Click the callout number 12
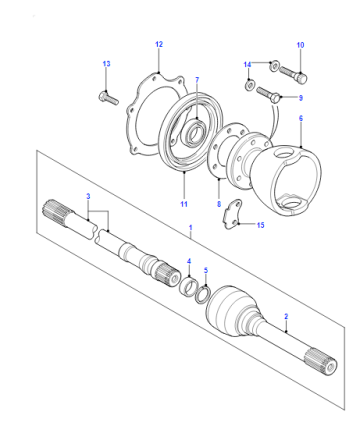(x=159, y=44)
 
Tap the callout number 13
(x=106, y=64)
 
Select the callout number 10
(x=300, y=45)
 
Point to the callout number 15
(x=260, y=225)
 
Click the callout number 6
(x=301, y=118)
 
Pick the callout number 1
(x=191, y=228)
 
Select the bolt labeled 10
(x=293, y=75)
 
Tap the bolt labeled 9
(x=269, y=93)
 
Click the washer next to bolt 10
(x=274, y=66)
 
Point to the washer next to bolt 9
(x=249, y=85)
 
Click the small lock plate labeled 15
(x=233, y=215)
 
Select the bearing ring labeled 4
(x=188, y=286)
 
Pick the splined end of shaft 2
(x=321, y=363)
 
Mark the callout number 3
(x=88, y=196)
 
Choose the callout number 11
(x=184, y=204)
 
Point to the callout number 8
(x=219, y=204)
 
